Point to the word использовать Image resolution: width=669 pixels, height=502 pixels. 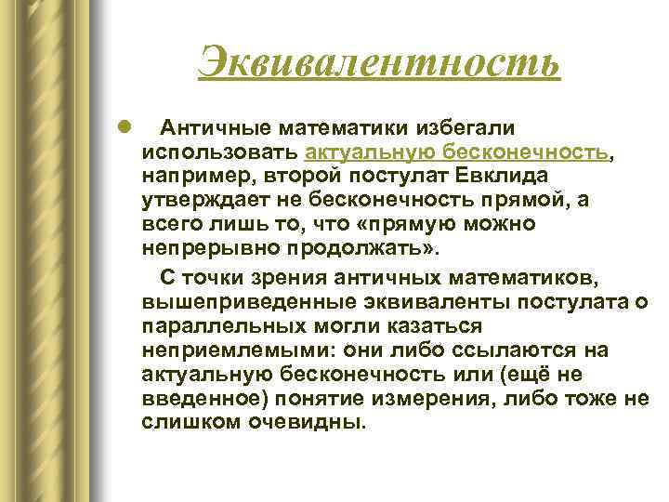[220, 151]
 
